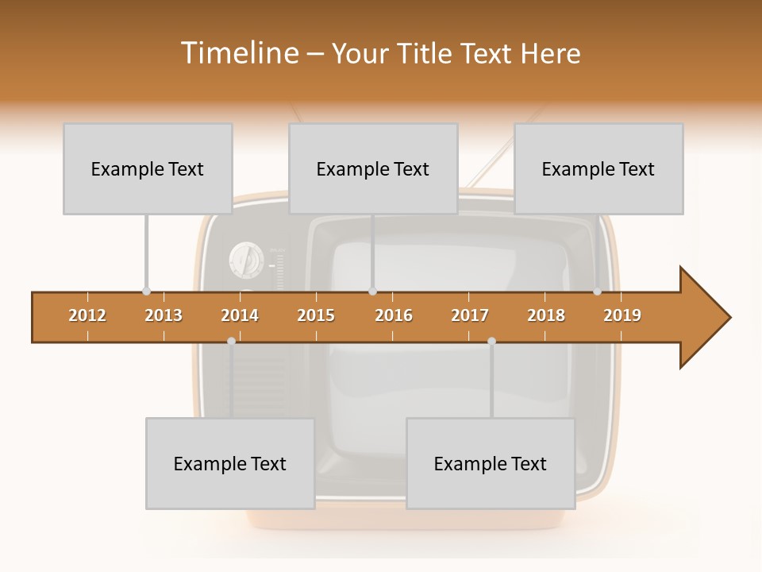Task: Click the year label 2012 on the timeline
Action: coord(87,315)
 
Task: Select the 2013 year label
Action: coord(164,315)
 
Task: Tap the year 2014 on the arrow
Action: coord(240,315)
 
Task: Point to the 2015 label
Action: coord(316,315)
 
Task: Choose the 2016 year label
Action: coord(394,315)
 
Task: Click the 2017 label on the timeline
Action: coord(470,315)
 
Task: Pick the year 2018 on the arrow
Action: coord(546,315)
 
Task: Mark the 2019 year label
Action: coord(622,315)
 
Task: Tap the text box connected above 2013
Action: coord(148,168)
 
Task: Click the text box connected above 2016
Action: coord(373,168)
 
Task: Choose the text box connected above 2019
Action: coord(598,168)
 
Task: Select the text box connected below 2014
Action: coord(230,463)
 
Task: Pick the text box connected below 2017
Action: coord(491,463)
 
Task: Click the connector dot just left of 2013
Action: coord(146,291)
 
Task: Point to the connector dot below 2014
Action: coord(231,341)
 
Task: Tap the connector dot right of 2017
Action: coord(491,341)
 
